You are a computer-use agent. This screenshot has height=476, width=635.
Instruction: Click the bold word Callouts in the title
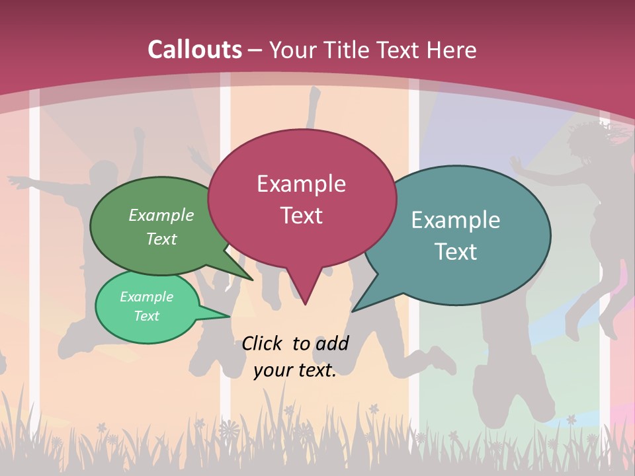(x=194, y=50)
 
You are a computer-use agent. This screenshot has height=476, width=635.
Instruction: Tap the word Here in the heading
(x=452, y=50)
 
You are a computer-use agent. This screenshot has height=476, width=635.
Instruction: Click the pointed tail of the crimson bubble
(x=305, y=297)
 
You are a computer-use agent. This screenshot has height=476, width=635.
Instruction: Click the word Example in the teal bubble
(x=456, y=220)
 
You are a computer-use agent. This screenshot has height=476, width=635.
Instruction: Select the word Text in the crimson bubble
(x=302, y=216)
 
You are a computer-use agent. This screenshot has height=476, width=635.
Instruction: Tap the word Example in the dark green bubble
(x=161, y=215)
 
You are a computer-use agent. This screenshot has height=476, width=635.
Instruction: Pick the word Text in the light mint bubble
(x=147, y=316)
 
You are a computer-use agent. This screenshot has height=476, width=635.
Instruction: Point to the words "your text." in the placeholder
(x=295, y=371)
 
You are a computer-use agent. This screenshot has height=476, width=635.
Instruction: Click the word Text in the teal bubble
(x=456, y=252)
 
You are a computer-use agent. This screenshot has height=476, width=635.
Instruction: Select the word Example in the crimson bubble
(x=302, y=184)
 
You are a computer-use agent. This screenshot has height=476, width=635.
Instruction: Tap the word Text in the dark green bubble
(x=161, y=239)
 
